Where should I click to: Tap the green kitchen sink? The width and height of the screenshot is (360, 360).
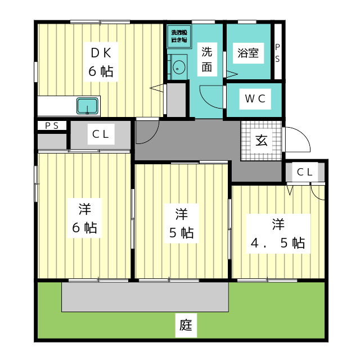88,105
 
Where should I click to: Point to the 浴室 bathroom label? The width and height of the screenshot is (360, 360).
248,53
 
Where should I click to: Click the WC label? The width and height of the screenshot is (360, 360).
254,100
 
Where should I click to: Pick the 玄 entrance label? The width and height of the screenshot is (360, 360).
262,141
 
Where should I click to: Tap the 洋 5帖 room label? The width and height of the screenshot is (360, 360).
181,223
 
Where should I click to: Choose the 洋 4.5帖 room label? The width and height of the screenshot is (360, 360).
278,233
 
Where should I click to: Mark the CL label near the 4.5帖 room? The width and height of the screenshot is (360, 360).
304,172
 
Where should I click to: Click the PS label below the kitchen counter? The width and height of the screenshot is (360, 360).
52,125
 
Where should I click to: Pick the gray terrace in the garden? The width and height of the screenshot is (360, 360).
145,296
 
